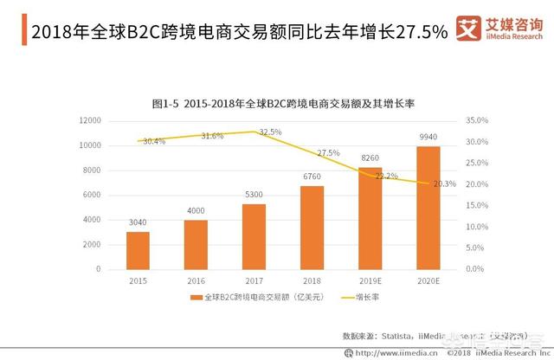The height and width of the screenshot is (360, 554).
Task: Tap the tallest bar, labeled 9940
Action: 428,208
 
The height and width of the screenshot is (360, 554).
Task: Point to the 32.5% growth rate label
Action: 270,132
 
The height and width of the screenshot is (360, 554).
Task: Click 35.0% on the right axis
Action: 477,121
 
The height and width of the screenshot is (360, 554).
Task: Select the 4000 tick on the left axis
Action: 90,220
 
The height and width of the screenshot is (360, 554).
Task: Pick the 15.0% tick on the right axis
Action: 477,206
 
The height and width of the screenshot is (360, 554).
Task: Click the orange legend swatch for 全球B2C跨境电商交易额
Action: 196,298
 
